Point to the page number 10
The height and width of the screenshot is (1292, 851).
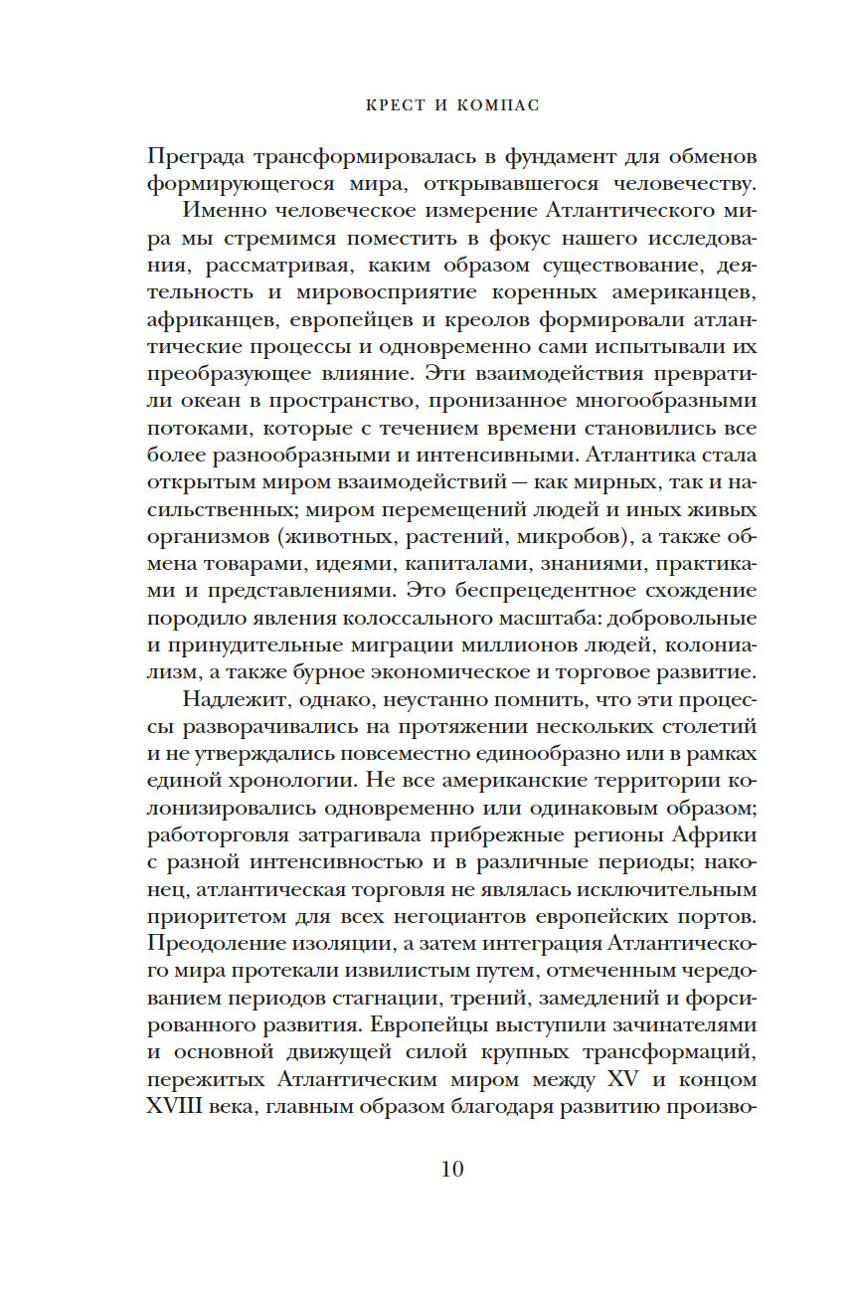tap(452, 1169)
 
